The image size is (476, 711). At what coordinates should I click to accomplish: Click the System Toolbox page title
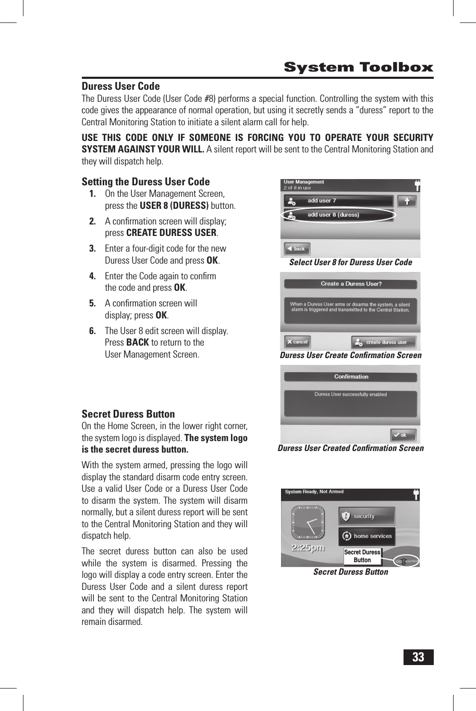tap(358, 67)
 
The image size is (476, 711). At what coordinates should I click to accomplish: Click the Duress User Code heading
tap(120, 86)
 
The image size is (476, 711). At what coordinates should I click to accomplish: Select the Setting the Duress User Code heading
tap(145, 182)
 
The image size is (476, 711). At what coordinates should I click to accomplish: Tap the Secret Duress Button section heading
tap(128, 414)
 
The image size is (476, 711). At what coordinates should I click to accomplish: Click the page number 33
tap(418, 657)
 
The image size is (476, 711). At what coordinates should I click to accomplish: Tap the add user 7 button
tap(338, 201)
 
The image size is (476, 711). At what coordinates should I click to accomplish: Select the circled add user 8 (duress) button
tap(338, 215)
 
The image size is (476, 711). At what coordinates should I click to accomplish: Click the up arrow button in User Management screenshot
tap(407, 201)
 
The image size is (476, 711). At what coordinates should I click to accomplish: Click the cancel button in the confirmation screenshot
tap(297, 342)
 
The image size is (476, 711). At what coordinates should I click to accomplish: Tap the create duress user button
tap(384, 342)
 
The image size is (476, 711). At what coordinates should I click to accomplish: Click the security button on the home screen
tap(366, 516)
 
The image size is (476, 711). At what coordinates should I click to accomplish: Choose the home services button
tap(366, 536)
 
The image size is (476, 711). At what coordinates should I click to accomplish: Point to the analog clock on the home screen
tap(308, 523)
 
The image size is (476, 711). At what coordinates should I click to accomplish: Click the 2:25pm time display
tap(308, 548)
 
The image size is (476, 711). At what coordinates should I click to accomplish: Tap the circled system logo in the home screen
tap(406, 561)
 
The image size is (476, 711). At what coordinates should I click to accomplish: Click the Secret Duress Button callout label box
tap(362, 556)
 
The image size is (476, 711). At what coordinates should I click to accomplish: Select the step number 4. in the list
tap(92, 276)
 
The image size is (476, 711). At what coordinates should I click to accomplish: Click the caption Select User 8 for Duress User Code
tap(350, 263)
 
